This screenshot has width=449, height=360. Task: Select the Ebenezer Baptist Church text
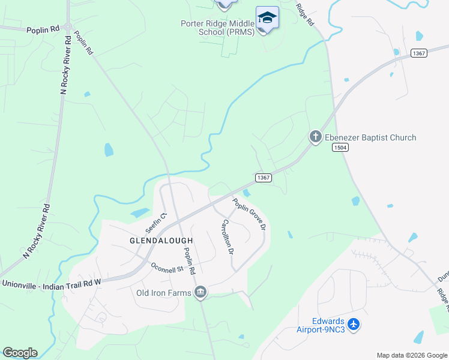[370, 137]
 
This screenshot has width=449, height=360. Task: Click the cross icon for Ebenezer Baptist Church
[315, 137]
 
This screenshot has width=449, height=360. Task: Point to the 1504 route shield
[340, 148]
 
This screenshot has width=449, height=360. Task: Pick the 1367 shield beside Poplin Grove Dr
[264, 178]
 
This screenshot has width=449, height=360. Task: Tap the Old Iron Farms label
[164, 293]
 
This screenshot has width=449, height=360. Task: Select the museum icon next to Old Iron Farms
[200, 293]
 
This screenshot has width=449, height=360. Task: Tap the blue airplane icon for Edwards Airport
[354, 325]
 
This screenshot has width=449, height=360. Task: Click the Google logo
[20, 352]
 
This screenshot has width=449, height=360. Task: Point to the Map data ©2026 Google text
[412, 355]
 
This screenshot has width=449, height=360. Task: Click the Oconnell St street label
[167, 268]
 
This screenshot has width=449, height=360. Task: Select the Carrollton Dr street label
[226, 236]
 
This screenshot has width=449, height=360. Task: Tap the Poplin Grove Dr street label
[249, 214]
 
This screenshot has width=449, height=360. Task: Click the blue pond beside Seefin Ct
[140, 212]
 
